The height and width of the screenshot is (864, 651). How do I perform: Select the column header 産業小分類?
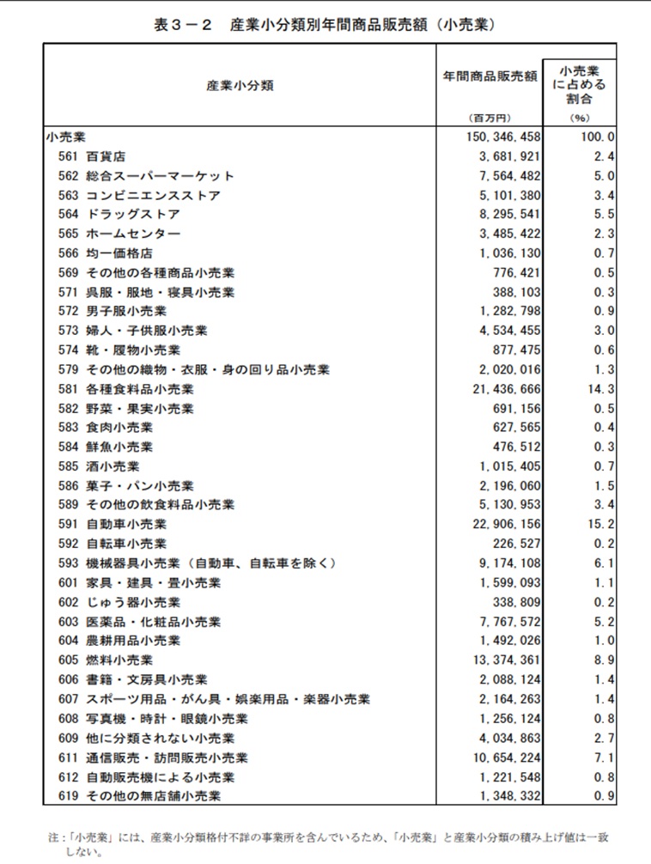point(240,87)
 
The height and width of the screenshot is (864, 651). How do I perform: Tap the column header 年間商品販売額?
point(490,76)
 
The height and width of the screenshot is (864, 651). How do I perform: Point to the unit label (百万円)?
point(490,118)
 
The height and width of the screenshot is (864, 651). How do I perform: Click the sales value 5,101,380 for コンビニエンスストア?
point(504,195)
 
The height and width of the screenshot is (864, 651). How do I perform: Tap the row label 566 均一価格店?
point(106,253)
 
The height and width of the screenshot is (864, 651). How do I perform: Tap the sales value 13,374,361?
point(504,660)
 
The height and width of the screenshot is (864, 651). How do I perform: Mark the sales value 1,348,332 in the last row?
point(507,796)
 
